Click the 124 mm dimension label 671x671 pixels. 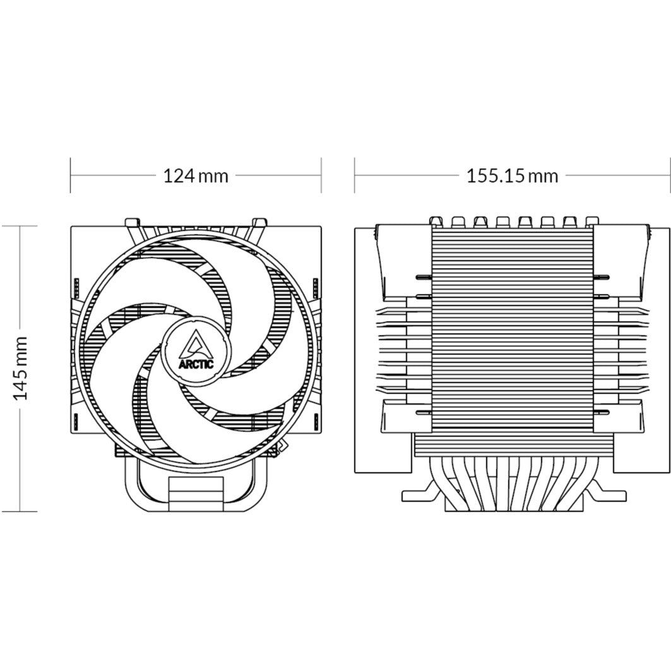pyautogui.click(x=196, y=175)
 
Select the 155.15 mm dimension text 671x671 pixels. pyautogui.click(x=512, y=175)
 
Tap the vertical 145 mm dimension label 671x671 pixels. pyautogui.click(x=21, y=368)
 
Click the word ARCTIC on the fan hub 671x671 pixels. pyautogui.click(x=196, y=364)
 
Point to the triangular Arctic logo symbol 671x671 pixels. pyautogui.click(x=196, y=344)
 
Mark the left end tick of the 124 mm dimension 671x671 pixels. pyautogui.click(x=70, y=175)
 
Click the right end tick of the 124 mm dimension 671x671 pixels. pyautogui.click(x=321, y=175)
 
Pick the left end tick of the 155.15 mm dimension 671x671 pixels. pyautogui.click(x=355, y=175)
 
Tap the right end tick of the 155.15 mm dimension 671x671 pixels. pyautogui.click(x=669, y=175)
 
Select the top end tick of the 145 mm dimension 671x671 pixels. pyautogui.click(x=21, y=225)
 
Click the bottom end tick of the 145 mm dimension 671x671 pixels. pyautogui.click(x=21, y=511)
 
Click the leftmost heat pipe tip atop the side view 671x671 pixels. pyautogui.click(x=436, y=220)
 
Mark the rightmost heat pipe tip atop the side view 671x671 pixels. pyautogui.click(x=591, y=220)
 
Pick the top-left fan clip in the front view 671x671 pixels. pyautogui.click(x=131, y=222)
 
